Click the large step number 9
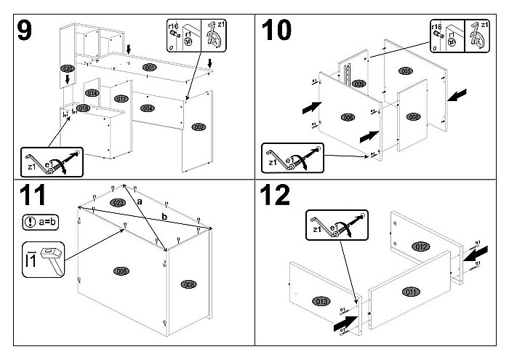[x=25, y=30]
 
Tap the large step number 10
[x=276, y=30]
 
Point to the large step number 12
[x=278, y=196]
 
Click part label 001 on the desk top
[x=151, y=68]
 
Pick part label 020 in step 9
[x=68, y=68]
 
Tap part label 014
[x=92, y=93]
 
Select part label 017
[x=121, y=98]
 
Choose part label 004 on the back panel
[x=148, y=108]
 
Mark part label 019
[x=83, y=108]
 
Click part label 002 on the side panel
[x=198, y=127]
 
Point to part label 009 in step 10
[x=358, y=84]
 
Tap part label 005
[x=406, y=71]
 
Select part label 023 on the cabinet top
[x=118, y=201]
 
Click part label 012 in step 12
[x=421, y=247]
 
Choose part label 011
[x=412, y=292]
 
